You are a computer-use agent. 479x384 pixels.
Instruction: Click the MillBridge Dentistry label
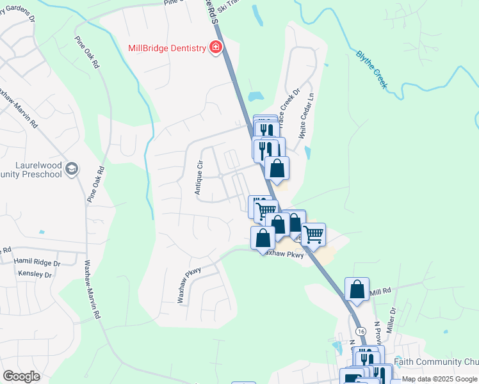point(166,48)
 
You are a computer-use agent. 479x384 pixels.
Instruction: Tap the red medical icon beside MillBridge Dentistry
point(216,48)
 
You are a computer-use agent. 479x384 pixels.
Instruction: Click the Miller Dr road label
point(393,318)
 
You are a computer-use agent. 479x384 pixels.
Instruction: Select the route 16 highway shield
point(361,330)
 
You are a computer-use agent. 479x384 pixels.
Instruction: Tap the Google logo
point(22,376)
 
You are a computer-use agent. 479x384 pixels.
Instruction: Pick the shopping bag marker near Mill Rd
point(357,289)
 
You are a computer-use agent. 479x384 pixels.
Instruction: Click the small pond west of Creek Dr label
point(256,97)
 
